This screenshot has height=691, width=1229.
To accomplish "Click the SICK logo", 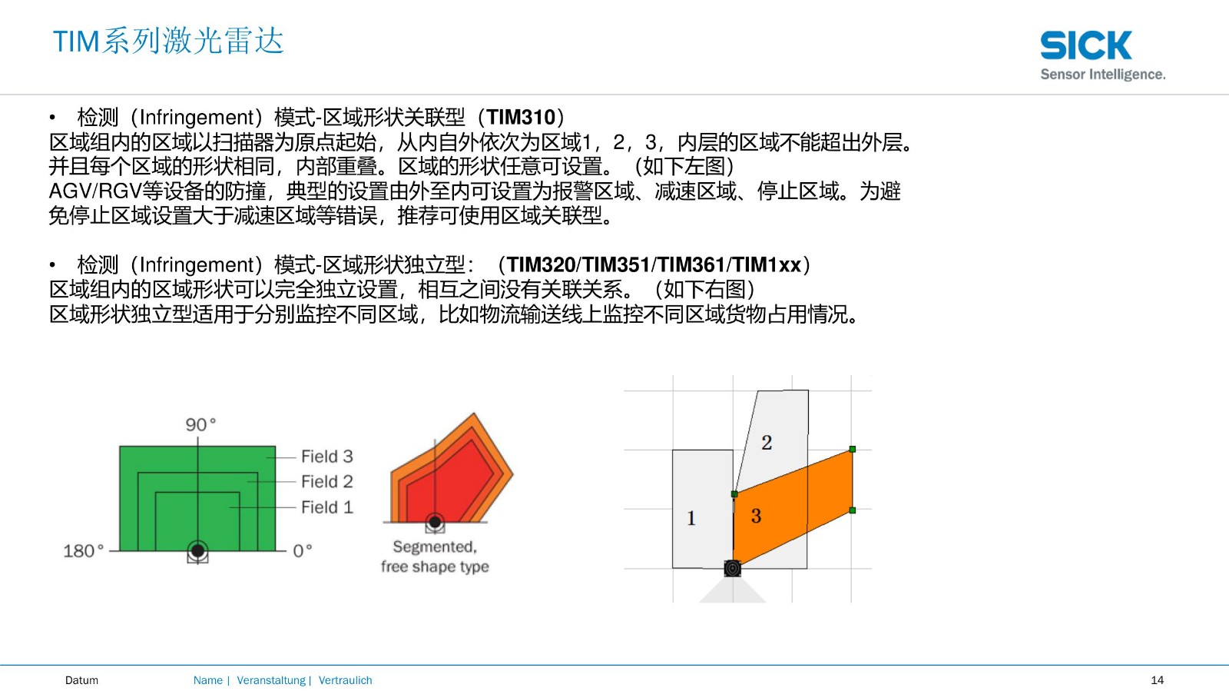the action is [x=1086, y=45].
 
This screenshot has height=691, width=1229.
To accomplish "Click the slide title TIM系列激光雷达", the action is [x=168, y=42].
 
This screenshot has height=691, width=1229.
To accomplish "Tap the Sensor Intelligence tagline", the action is [x=1103, y=74].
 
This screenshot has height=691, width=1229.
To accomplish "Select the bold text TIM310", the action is [x=521, y=117].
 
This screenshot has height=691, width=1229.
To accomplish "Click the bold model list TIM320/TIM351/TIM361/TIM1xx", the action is [x=654, y=264].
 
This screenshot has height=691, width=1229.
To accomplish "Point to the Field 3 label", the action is [x=327, y=456].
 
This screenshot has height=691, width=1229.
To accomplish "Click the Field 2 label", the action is [x=327, y=481].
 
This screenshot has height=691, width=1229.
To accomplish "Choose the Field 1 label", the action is [x=327, y=507].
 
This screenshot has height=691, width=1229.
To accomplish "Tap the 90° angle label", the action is [x=200, y=424].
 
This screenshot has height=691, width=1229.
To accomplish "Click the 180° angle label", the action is [x=84, y=550].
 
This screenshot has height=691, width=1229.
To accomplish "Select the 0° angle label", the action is [x=303, y=550].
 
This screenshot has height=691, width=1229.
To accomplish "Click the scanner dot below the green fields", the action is [x=197, y=550].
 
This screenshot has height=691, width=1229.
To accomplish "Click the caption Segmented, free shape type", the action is [x=435, y=556].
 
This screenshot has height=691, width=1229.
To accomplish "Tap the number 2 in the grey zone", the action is [x=767, y=443].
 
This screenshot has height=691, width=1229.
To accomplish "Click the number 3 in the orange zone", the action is [x=756, y=516].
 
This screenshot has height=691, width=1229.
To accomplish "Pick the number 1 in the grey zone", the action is [x=691, y=517].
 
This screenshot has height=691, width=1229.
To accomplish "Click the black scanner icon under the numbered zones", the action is [x=733, y=569].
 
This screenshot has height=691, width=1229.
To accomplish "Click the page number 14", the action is [x=1157, y=680].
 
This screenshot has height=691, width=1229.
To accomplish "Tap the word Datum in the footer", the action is [x=81, y=680].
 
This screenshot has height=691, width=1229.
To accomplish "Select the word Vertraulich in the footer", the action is [x=345, y=680].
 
